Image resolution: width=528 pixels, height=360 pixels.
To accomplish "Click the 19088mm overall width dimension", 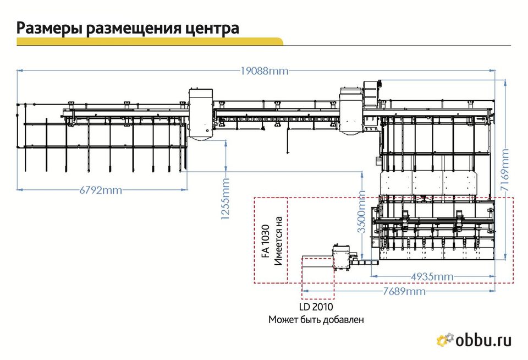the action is pyautogui.click(x=265, y=71).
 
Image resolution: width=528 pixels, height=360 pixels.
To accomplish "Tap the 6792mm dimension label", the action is pyautogui.click(x=101, y=190).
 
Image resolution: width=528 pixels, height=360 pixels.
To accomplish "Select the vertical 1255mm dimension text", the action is pyautogui.click(x=225, y=199).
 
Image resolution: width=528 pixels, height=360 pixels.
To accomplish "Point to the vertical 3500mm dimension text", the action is pyautogui.click(x=361, y=212).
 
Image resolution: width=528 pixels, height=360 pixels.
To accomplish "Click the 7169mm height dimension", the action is pyautogui.click(x=505, y=170).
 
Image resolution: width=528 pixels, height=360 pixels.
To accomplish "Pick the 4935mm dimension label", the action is pyautogui.click(x=432, y=277).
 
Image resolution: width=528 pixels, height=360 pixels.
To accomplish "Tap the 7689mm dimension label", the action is pyautogui.click(x=404, y=291).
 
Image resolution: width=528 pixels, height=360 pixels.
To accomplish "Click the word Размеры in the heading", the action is pyautogui.click(x=50, y=28).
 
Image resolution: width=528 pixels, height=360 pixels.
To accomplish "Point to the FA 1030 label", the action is pyautogui.click(x=266, y=241).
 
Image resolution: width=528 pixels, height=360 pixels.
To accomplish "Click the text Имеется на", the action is pyautogui.click(x=278, y=241).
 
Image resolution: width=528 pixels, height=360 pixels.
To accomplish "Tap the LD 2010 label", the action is pyautogui.click(x=316, y=307).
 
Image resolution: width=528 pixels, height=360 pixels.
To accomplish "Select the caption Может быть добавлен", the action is pyautogui.click(x=316, y=319).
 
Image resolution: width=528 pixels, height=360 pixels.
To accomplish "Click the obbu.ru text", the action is pyautogui.click(x=483, y=340).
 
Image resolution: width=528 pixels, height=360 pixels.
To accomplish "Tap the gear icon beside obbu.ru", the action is pyautogui.click(x=445, y=340).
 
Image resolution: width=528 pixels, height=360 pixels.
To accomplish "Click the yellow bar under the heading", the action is pyautogui.click(x=150, y=41).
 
